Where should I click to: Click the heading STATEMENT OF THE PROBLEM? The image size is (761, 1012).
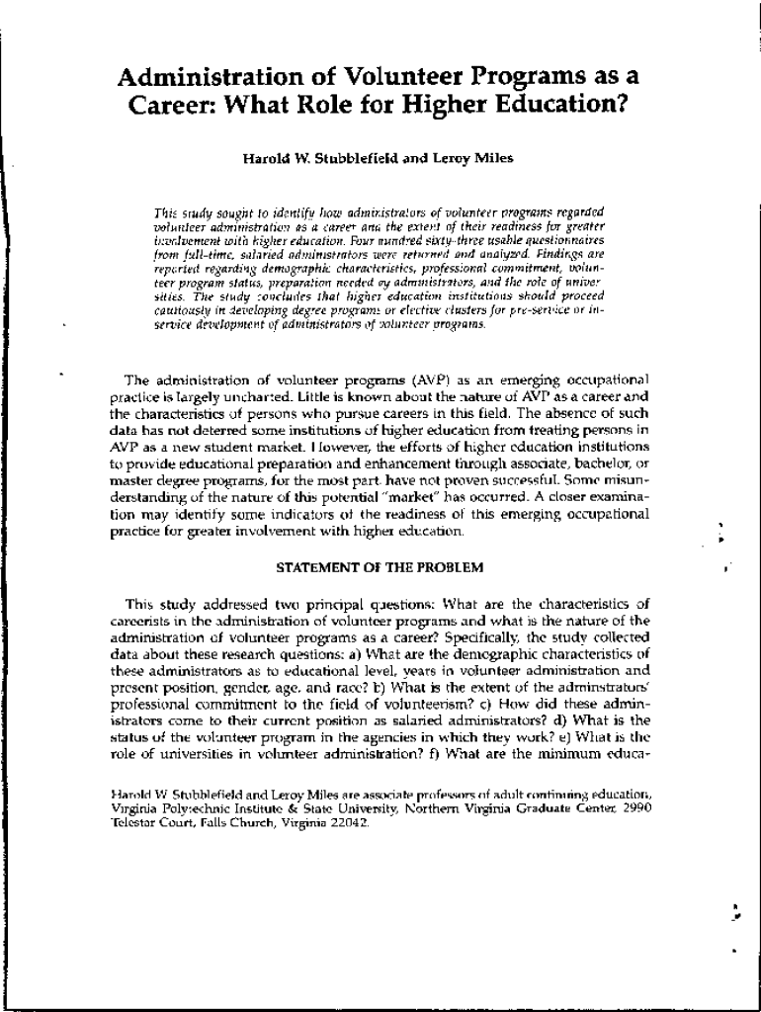coord(380,567)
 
